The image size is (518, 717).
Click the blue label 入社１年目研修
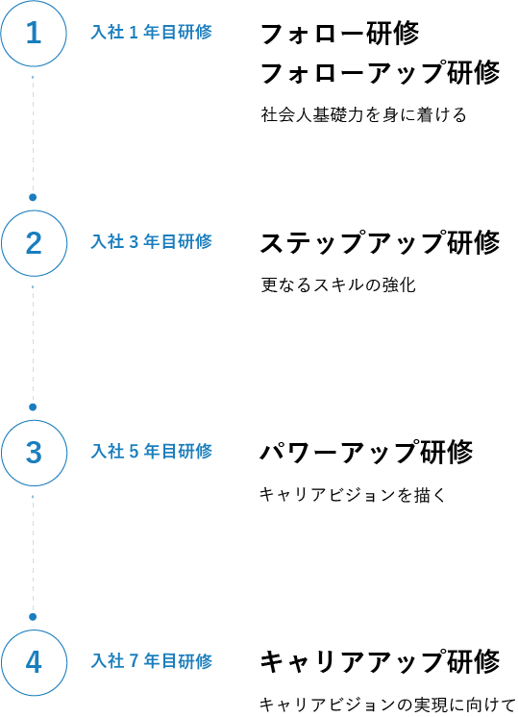151,33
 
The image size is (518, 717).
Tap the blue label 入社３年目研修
151,242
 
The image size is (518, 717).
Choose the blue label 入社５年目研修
151,452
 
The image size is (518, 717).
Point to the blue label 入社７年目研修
151,660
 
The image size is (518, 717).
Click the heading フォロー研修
339,34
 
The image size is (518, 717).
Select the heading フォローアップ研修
380,73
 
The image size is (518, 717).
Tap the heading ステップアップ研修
380,242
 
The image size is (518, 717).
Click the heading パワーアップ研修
366,452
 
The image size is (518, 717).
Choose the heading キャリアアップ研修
380,661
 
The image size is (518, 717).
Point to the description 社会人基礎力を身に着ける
363,114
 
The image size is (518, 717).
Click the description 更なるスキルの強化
338,284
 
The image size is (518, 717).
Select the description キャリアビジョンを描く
352,494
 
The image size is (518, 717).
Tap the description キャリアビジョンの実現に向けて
387,705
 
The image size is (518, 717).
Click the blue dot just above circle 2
33,198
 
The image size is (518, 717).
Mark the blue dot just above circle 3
33,407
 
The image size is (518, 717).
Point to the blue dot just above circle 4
33,617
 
